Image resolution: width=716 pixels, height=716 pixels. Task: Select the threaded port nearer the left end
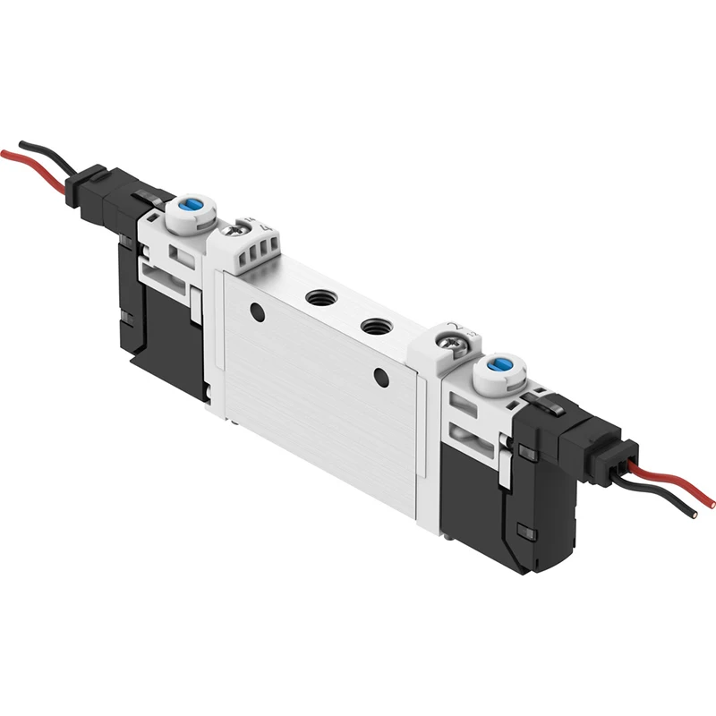317,296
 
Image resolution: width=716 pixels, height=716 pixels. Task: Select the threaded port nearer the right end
372,326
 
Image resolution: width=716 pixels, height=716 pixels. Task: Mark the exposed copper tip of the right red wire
711,504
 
